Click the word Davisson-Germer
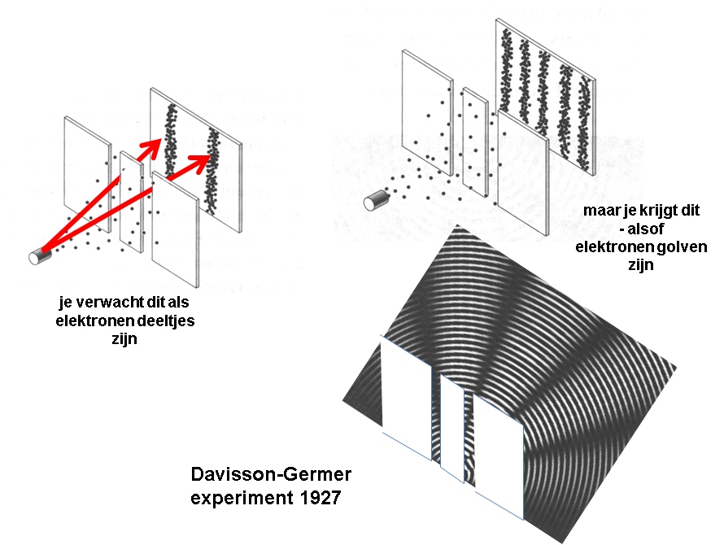(270, 474)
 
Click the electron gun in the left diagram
(39, 255)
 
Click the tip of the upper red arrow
(159, 141)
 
